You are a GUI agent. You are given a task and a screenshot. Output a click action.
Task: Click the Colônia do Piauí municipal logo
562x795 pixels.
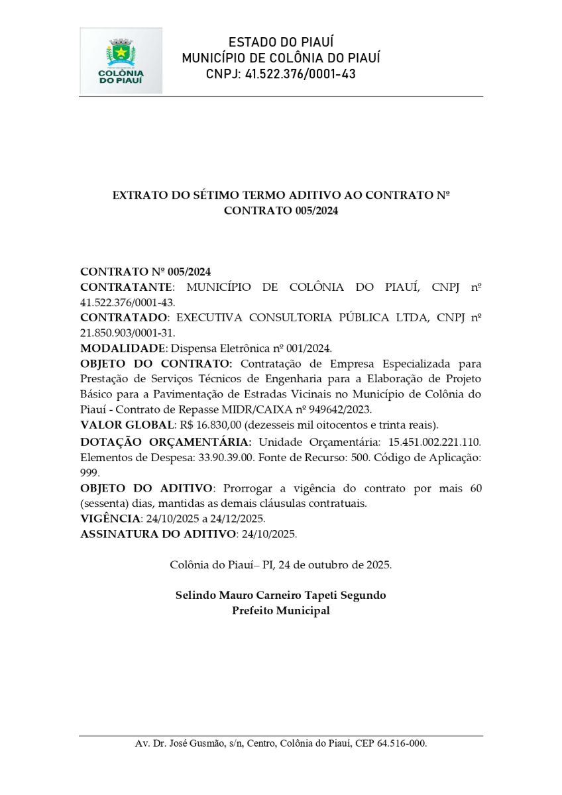coord(121,60)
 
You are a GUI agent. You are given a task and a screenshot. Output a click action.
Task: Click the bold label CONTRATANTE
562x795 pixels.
coord(126,287)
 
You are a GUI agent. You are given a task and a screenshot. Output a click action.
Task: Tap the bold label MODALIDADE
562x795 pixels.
coord(121,348)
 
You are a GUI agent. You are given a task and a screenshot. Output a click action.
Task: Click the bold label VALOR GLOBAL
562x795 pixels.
coord(127,425)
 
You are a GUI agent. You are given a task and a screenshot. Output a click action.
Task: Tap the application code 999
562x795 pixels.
coord(89,472)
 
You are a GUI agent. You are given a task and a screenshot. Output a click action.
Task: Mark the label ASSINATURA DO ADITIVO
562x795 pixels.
coord(158,533)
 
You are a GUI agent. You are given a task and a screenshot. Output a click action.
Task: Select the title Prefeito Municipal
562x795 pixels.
coord(280,610)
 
